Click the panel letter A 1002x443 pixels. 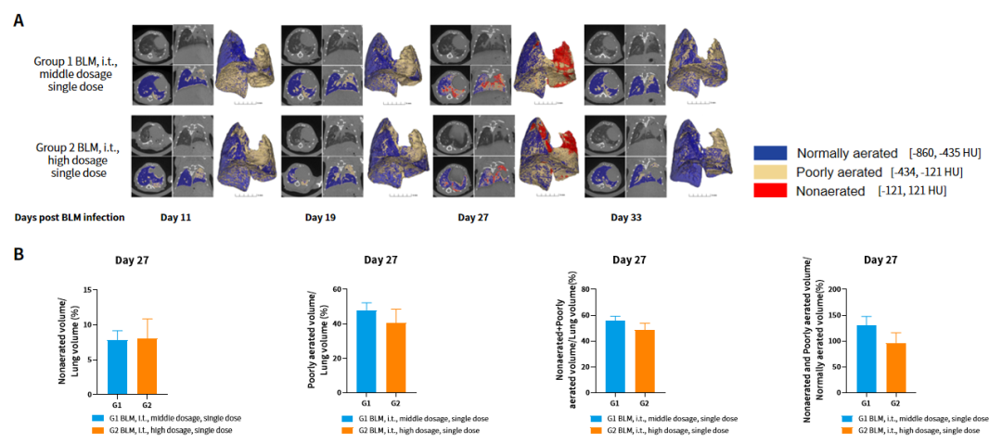[x=19, y=18]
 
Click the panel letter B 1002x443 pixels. [x=19, y=252]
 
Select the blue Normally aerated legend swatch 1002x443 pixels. [x=774, y=152]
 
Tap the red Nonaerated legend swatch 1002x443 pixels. [x=774, y=189]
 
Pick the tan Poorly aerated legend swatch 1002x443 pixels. [x=774, y=171]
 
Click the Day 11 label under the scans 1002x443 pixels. [x=175, y=217]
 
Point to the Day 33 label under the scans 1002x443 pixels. [x=626, y=217]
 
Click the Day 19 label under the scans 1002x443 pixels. [x=320, y=217]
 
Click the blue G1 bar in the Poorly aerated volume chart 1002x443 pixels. [x=366, y=352]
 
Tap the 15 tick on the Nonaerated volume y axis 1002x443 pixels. [x=87, y=290]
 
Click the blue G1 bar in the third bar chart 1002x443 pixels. [x=614, y=357]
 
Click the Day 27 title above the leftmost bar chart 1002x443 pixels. [x=132, y=260]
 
